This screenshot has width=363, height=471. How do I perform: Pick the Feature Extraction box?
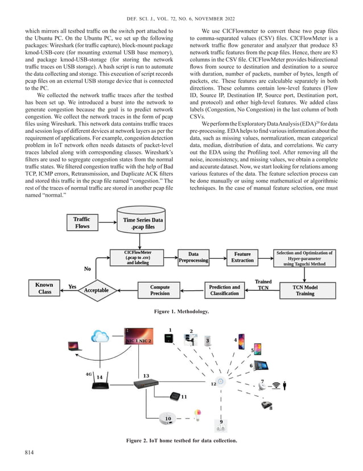point(242,257)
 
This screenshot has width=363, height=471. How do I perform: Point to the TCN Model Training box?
point(304,290)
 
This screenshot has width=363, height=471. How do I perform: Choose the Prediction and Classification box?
point(224,290)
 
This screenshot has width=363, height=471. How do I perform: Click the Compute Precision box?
point(160,290)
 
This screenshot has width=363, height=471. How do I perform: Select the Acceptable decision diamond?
point(96,290)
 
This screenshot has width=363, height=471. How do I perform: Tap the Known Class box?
point(44,288)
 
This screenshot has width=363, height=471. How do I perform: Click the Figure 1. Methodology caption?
point(181,312)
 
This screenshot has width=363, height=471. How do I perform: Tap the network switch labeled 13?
point(146,385)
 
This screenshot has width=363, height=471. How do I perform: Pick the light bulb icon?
point(198,412)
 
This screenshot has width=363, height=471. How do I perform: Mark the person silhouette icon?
point(284,386)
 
